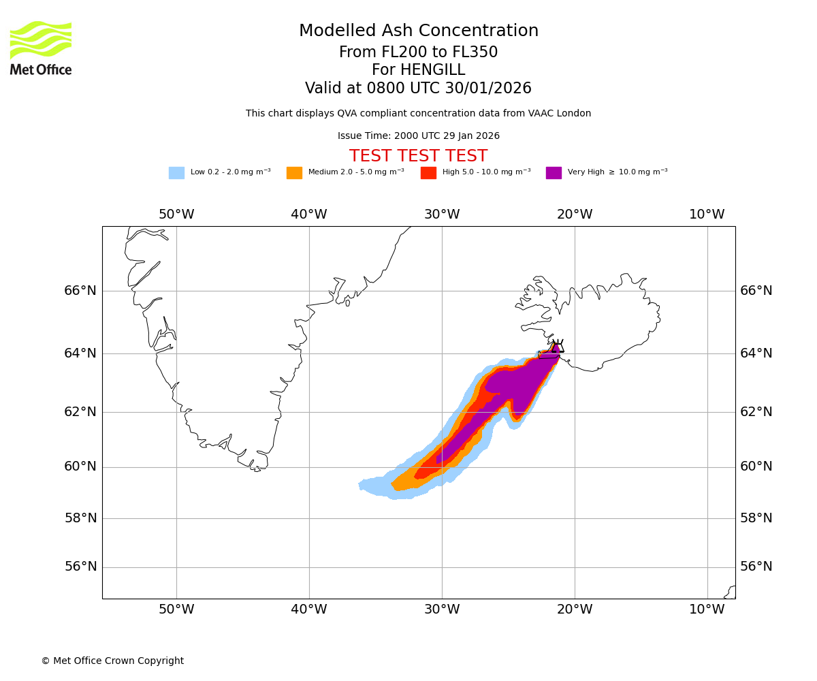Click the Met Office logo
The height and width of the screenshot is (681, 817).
[41, 48]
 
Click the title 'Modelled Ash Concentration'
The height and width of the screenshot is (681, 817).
[419, 31]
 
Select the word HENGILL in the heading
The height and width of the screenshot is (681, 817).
[432, 70]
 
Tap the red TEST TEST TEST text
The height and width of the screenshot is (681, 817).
[418, 156]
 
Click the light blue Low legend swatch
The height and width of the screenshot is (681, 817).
[176, 173]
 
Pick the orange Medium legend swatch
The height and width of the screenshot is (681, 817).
[294, 173]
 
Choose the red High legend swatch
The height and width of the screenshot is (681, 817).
[428, 173]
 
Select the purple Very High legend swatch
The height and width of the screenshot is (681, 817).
[554, 173]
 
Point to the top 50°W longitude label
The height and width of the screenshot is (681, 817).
[176, 215]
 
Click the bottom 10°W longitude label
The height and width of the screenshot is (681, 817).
[707, 609]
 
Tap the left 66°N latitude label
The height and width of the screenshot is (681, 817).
[80, 291]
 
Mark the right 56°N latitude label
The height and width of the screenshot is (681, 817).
[756, 567]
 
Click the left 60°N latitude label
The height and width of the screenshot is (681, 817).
[80, 466]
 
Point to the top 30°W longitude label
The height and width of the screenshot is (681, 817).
[442, 215]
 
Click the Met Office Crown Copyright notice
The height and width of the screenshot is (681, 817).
[112, 661]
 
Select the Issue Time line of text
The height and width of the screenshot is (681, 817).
[418, 136]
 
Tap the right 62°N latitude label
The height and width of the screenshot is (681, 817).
[756, 411]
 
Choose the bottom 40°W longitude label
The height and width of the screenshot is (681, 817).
[309, 609]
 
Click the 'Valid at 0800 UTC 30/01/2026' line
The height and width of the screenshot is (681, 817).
[418, 89]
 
